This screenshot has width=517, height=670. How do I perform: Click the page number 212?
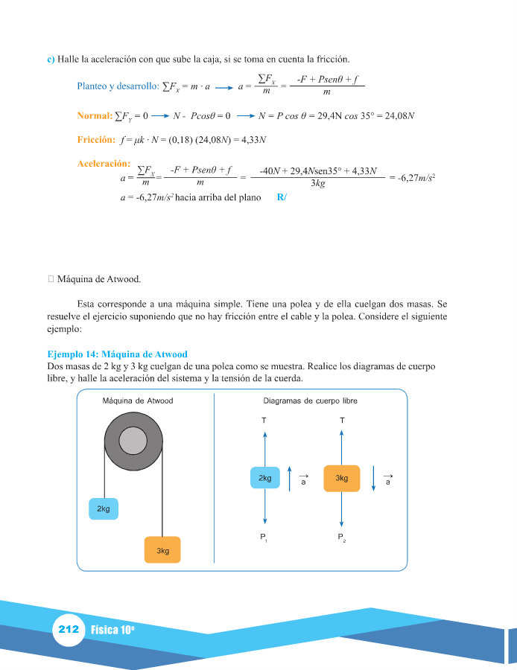69,630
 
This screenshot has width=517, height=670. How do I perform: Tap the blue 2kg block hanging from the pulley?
104,508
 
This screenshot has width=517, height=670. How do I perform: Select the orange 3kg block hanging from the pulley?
162,550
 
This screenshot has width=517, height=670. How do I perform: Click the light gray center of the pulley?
132,441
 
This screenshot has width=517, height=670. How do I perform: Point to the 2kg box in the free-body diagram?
264,478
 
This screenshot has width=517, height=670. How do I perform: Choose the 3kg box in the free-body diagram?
341,478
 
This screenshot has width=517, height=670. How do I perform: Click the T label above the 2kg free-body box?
264,421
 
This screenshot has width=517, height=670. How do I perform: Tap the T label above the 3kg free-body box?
342,421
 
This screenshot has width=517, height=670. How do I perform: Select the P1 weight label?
264,537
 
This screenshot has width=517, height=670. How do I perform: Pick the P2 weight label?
341,537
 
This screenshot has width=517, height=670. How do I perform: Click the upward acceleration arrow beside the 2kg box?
289,479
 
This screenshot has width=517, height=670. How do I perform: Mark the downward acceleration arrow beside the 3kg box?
373,479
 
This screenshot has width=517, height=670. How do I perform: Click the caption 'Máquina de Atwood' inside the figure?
138,401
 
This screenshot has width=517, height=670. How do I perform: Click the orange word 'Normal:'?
95,116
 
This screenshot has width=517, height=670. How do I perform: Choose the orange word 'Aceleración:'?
104,163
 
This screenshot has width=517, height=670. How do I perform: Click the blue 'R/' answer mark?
281,197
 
